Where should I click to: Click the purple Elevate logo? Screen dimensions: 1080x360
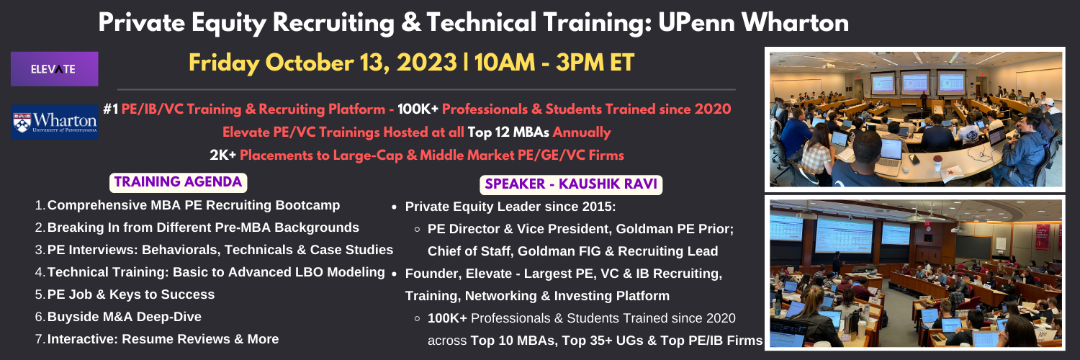point(55,69)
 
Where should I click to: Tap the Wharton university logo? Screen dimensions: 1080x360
point(55,122)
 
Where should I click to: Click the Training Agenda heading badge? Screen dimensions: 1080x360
point(179,182)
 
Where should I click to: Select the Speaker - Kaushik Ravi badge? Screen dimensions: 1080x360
point(571,184)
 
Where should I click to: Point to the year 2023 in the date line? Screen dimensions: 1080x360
point(427,63)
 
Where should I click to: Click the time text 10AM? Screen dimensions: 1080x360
point(505,63)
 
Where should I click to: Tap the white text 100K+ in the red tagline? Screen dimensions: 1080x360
point(418,109)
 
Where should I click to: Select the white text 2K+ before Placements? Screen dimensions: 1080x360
point(222,156)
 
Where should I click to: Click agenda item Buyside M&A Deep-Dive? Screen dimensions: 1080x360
point(125,317)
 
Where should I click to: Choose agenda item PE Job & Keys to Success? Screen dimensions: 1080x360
point(130,294)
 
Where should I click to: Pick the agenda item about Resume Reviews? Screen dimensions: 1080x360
point(163,339)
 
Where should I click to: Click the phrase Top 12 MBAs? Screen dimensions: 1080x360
point(508,132)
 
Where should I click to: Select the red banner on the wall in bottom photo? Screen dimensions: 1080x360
point(1043,237)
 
